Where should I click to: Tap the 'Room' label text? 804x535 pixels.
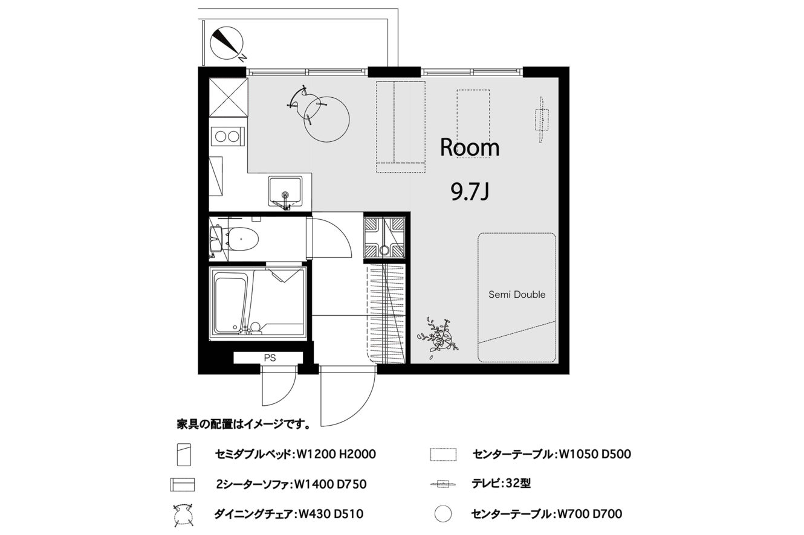click(x=470, y=148)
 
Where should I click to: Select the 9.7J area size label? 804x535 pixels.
click(x=470, y=193)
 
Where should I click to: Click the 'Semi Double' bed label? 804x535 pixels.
click(x=517, y=295)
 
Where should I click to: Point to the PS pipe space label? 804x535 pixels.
click(x=270, y=358)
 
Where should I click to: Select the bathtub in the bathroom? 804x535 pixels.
click(x=231, y=303)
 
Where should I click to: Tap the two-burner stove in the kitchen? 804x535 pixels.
click(x=227, y=136)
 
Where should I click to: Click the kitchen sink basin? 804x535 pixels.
click(x=285, y=191)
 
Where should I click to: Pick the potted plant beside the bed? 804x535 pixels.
click(x=438, y=338)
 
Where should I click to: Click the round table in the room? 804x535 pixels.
click(x=326, y=120)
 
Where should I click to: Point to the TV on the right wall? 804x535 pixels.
click(x=542, y=120)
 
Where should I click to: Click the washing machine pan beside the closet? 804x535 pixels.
click(x=384, y=237)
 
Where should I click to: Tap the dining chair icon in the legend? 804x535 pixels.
click(x=183, y=515)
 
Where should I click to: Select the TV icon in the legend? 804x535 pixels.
click(x=443, y=484)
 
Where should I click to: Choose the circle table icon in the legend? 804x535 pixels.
click(x=443, y=514)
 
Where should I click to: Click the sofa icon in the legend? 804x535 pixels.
click(x=183, y=484)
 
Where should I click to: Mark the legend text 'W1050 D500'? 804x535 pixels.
click(x=595, y=454)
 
